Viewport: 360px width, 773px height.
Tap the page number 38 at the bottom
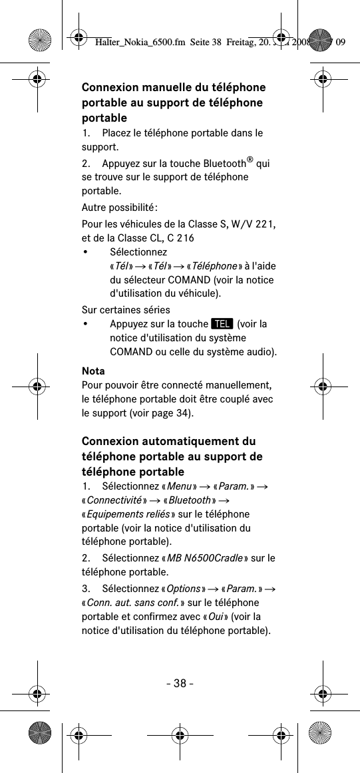180,683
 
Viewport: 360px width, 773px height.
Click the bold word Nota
93,371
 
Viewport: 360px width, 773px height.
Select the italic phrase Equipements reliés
126,514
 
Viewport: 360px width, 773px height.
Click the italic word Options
184,588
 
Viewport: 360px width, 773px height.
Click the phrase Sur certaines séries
126,310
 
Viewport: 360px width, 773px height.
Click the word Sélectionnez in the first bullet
138,252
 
